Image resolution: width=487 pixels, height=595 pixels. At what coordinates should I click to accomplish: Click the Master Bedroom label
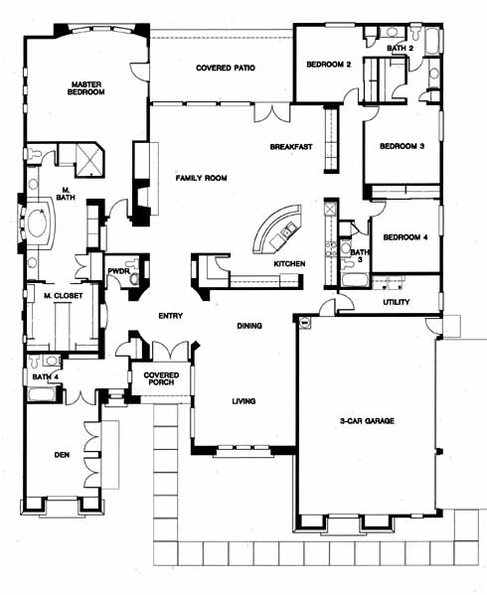(x=85, y=88)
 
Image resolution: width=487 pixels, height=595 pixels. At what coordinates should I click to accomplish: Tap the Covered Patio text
(x=226, y=68)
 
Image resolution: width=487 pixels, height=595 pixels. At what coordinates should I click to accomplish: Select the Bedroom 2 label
(x=329, y=65)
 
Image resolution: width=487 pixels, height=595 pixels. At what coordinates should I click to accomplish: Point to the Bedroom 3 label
(x=402, y=146)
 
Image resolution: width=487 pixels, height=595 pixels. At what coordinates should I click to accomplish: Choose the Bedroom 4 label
(x=406, y=237)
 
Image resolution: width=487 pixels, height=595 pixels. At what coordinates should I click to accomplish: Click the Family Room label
(x=201, y=178)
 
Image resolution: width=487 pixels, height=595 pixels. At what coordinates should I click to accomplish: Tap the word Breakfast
(x=291, y=146)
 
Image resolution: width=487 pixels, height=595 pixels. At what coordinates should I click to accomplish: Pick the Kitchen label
(x=289, y=263)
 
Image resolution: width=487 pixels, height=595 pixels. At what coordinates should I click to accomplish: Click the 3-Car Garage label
(x=367, y=420)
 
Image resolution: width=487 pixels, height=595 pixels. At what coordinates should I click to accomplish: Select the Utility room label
(x=396, y=302)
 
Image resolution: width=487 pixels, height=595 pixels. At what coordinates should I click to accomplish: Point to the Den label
(x=62, y=454)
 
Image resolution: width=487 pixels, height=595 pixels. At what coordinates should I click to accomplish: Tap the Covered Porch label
(x=161, y=378)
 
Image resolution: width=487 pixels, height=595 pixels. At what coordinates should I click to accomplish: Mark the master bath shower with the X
(x=89, y=160)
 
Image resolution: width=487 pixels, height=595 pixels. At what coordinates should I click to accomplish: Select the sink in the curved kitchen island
(x=286, y=228)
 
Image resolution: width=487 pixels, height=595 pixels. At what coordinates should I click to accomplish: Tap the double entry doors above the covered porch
(x=170, y=350)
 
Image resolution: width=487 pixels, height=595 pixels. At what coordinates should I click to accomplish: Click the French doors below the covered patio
(x=271, y=112)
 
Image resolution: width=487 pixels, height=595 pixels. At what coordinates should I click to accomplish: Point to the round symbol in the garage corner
(x=305, y=322)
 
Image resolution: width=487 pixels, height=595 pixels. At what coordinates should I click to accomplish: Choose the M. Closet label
(x=63, y=296)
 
